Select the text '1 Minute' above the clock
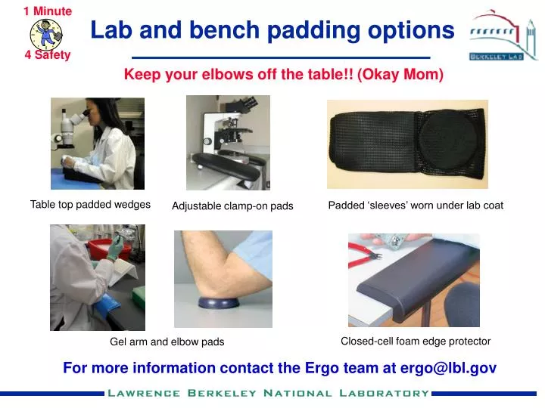(47, 11)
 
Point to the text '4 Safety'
(47, 55)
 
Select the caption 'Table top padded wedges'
(90, 205)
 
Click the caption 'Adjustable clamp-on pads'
(232, 206)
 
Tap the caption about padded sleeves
(415, 206)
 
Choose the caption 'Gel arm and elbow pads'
(167, 342)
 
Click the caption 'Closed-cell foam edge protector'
(416, 342)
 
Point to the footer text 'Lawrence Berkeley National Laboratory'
(268, 393)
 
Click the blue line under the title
(281, 57)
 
